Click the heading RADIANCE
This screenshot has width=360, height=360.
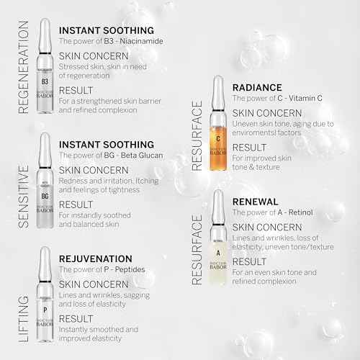[x=258, y=87]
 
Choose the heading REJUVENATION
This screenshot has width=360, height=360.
[x=95, y=258]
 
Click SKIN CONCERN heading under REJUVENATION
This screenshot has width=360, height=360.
[x=93, y=284]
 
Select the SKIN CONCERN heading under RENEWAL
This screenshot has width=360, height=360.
[x=267, y=228]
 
